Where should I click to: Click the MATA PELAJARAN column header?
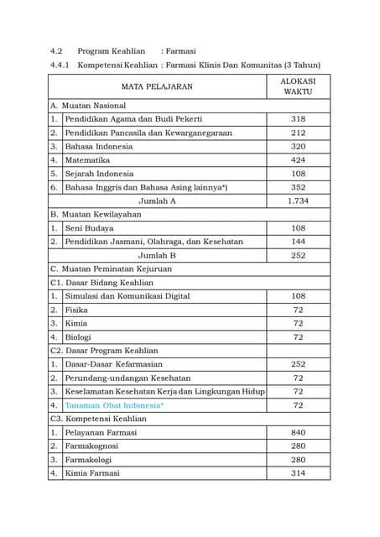tap(157, 86)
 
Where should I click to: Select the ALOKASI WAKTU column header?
tap(298, 86)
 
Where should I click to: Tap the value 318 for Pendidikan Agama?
tap(298, 119)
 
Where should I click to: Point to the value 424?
tap(298, 159)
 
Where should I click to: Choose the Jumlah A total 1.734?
tap(298, 201)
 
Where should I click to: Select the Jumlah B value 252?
tap(298, 255)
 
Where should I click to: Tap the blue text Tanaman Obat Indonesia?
tap(114, 405)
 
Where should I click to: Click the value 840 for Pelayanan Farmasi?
tap(298, 432)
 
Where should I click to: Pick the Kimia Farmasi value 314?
tap(298, 473)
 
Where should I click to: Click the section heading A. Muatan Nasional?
tap(88, 106)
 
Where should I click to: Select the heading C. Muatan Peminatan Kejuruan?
tap(111, 268)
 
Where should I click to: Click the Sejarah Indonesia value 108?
tap(298, 174)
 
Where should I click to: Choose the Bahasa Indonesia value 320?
tap(298, 146)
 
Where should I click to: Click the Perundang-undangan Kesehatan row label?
tap(128, 378)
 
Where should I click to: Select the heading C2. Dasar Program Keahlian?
tap(107, 350)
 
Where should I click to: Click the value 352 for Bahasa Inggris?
tap(298, 187)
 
